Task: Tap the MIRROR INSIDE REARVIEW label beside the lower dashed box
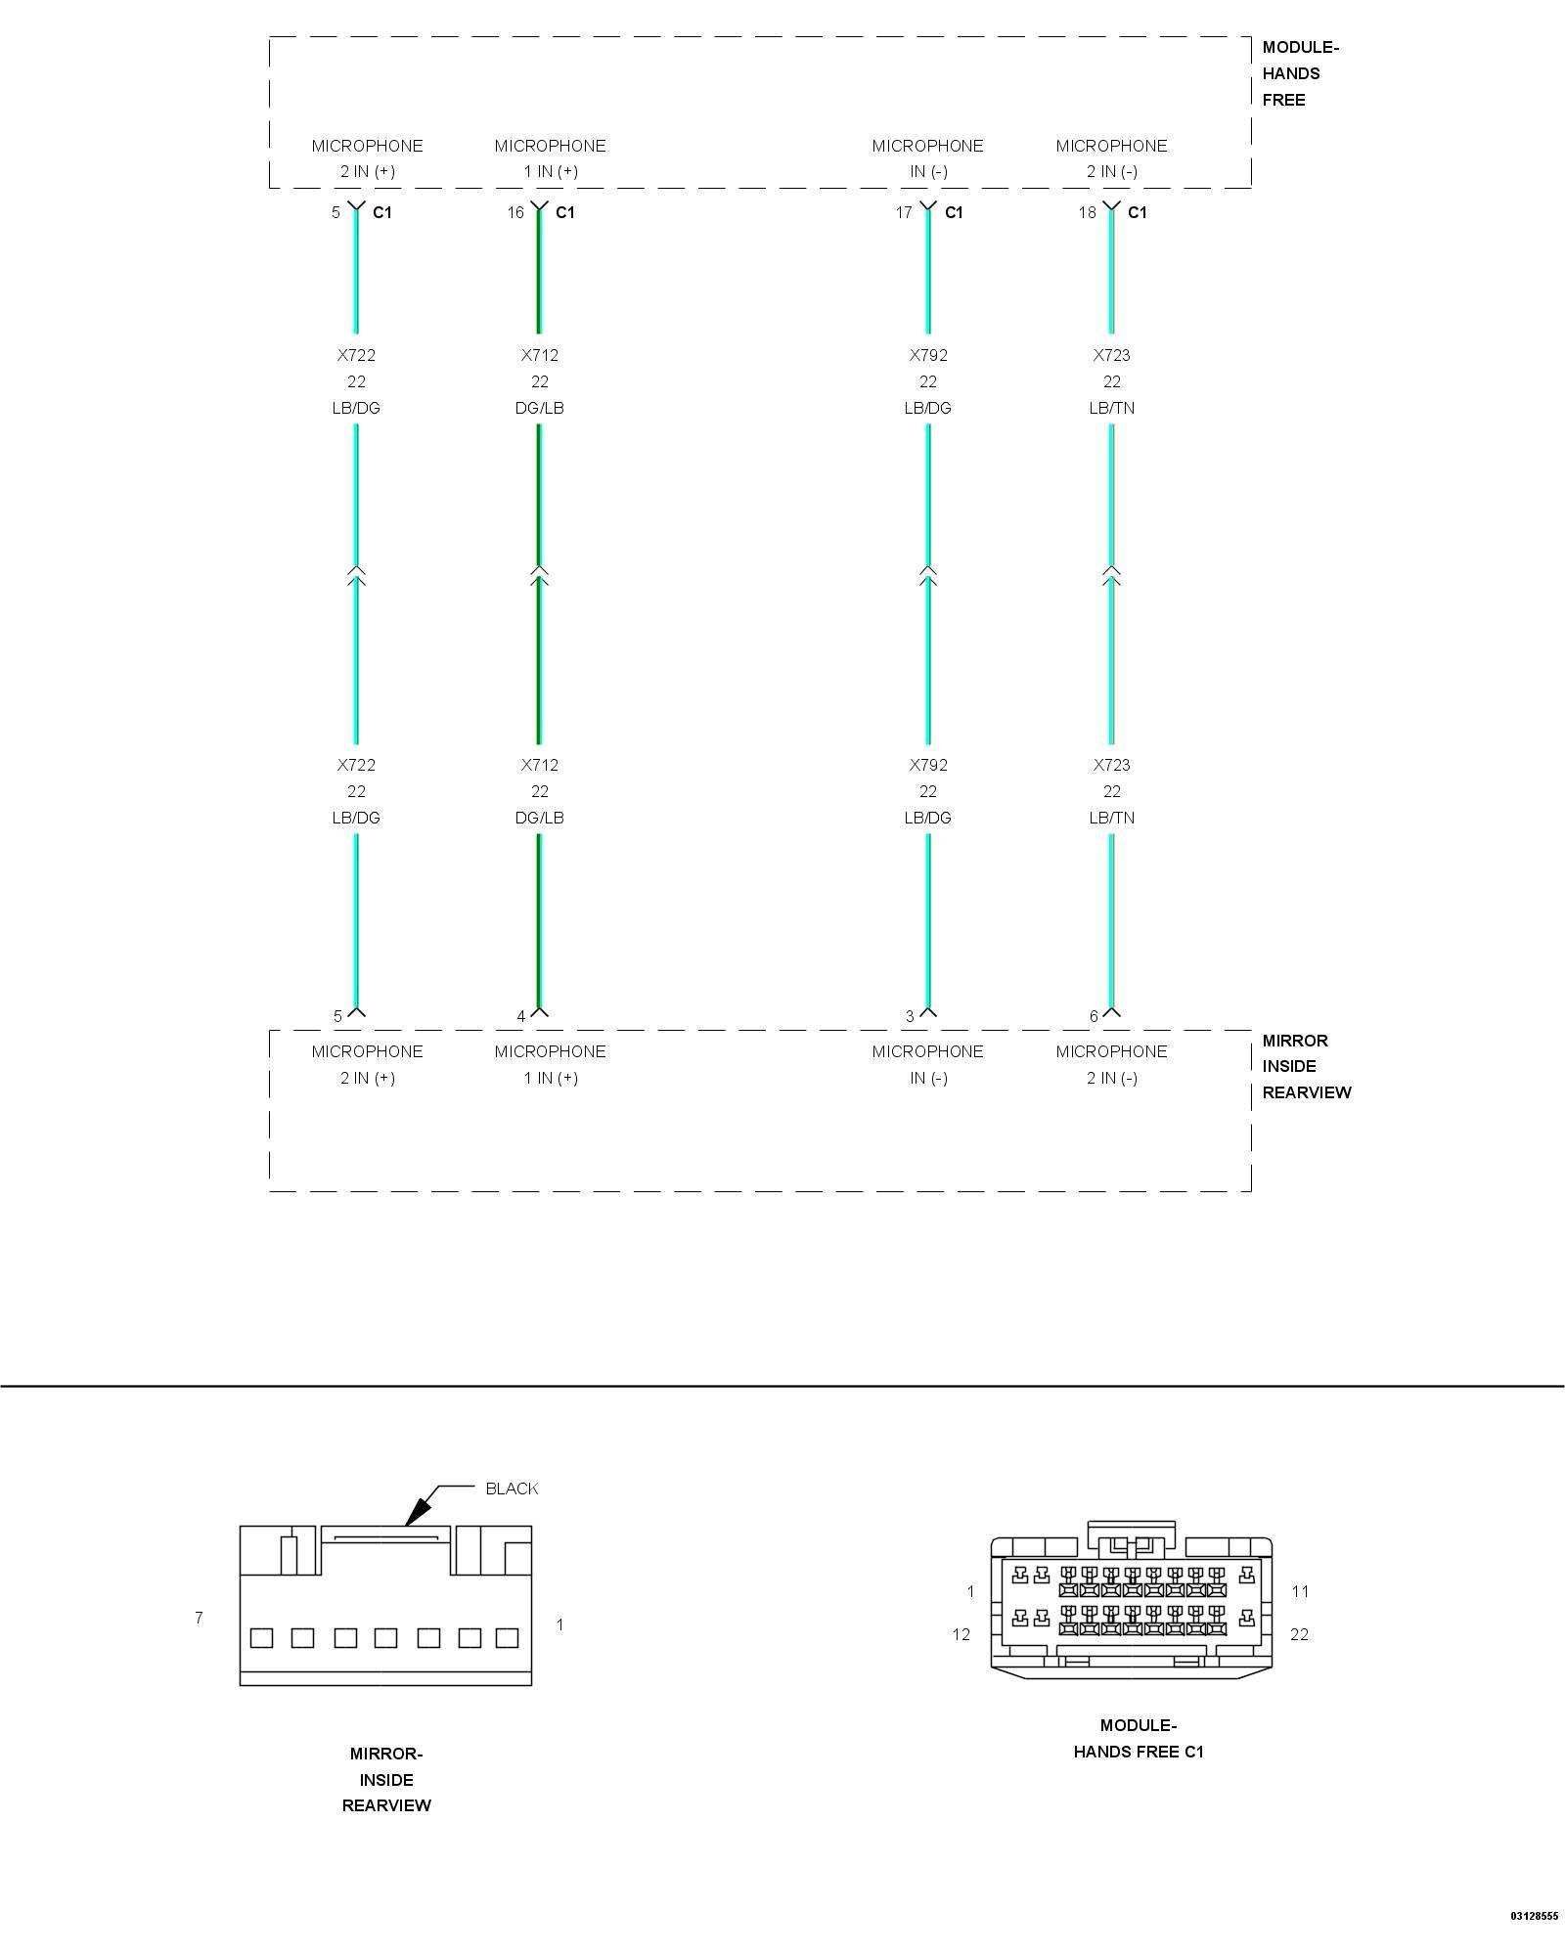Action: coord(1306,1066)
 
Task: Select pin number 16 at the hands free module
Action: coord(515,212)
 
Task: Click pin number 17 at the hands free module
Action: coord(904,212)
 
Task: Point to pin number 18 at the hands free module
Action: coord(1087,212)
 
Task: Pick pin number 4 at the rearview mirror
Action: coord(521,1016)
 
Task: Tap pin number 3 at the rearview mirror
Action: coord(910,1016)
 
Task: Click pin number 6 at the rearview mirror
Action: coord(1094,1016)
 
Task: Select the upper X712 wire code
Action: coord(540,355)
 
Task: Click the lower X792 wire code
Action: coord(928,765)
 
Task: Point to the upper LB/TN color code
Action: coord(1112,408)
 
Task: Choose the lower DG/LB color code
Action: coord(540,818)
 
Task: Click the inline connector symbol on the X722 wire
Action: coord(356,576)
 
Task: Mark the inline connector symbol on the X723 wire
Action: coord(1111,576)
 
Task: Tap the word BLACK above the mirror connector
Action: coord(512,1489)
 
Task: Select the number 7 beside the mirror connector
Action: coord(199,1618)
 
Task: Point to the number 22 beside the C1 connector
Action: coord(1299,1634)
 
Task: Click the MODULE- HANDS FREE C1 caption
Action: coord(1139,1738)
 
